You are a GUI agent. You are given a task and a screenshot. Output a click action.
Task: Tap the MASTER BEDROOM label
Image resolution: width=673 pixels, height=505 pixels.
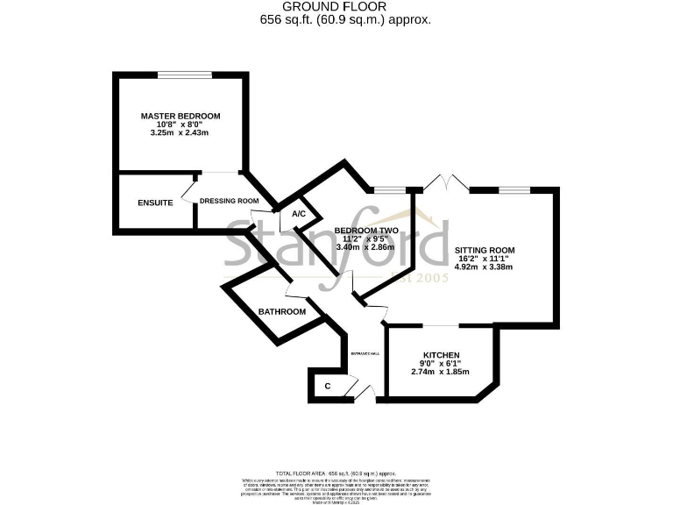pyautogui.click(x=181, y=116)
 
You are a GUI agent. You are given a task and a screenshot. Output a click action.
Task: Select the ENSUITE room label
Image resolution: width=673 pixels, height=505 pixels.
pyautogui.click(x=155, y=203)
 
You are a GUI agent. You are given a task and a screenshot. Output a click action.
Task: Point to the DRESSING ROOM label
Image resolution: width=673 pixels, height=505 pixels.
pyautogui.click(x=230, y=201)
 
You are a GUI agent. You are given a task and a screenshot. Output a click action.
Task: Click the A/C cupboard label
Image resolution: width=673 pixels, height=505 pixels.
pyautogui.click(x=298, y=214)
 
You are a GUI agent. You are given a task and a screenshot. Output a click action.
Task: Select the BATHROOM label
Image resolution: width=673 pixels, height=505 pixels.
pyautogui.click(x=281, y=311)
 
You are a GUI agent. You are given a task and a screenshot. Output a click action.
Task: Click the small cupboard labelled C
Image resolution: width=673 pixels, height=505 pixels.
pyautogui.click(x=328, y=386)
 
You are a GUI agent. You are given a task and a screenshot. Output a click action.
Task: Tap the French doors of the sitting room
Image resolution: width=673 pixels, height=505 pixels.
pyautogui.click(x=445, y=183)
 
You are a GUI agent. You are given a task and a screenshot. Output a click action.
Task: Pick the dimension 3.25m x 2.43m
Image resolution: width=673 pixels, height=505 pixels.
pyautogui.click(x=181, y=133)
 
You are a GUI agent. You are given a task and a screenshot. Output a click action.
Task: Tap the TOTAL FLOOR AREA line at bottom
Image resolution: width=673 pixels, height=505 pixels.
pyautogui.click(x=336, y=471)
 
